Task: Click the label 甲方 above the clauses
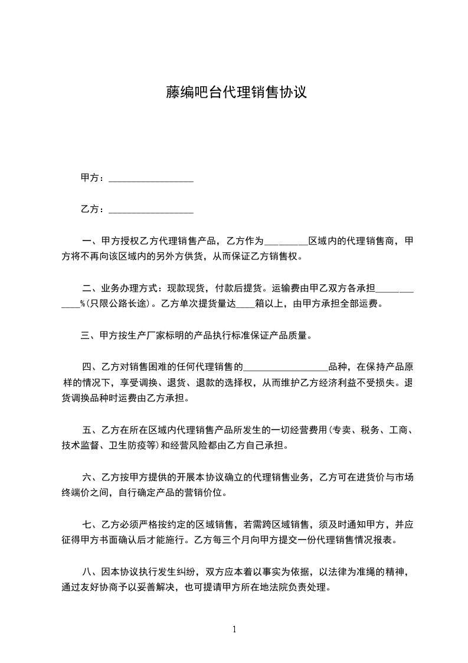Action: pos(89,178)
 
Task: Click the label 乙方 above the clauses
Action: pos(89,209)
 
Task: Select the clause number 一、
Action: pos(91,242)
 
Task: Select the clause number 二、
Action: pos(91,289)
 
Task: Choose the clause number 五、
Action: pos(91,430)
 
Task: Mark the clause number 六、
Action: pos(91,477)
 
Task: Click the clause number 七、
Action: pos(91,524)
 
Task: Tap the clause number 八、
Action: pos(91,571)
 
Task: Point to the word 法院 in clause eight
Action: pos(271,587)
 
